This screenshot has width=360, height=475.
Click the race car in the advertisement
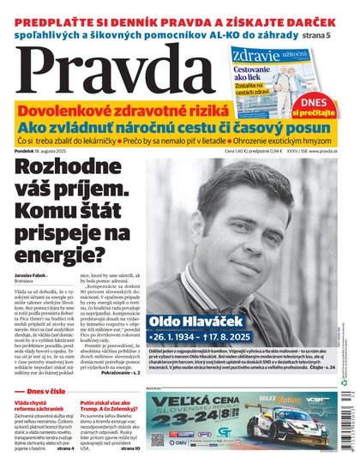click(279, 446)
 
